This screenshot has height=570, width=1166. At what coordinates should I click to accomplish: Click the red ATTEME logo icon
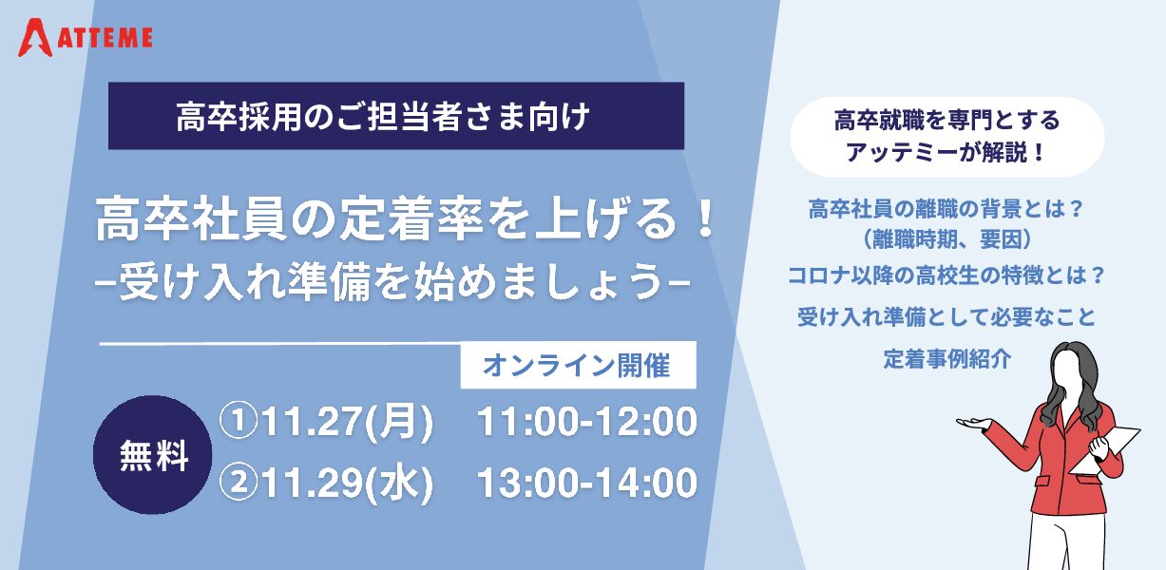[x=35, y=37]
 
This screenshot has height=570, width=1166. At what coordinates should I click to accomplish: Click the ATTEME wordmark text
[x=105, y=38]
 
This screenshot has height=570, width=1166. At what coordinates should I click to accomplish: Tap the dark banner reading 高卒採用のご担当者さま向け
[x=396, y=116]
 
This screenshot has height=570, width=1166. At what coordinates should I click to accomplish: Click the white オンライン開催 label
[x=579, y=365]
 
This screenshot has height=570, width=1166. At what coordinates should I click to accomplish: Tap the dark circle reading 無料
[x=152, y=454]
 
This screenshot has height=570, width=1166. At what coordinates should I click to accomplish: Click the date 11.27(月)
[x=347, y=422]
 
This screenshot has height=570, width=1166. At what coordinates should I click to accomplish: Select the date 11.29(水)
[x=347, y=483]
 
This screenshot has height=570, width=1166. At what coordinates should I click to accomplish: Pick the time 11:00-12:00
[x=587, y=422]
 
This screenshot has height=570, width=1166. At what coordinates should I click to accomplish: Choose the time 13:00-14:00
[x=587, y=483]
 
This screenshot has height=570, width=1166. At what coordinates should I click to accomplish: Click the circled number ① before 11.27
[x=239, y=421]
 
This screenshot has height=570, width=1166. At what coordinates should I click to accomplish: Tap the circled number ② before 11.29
[x=239, y=482]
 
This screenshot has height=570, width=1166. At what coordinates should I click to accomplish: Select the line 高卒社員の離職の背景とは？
[x=946, y=209]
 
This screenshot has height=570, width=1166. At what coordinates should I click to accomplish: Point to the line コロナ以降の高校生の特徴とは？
[x=946, y=275]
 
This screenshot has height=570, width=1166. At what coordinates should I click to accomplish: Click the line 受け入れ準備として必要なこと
[x=946, y=317]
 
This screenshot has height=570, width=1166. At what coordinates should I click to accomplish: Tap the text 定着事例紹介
[x=946, y=359]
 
